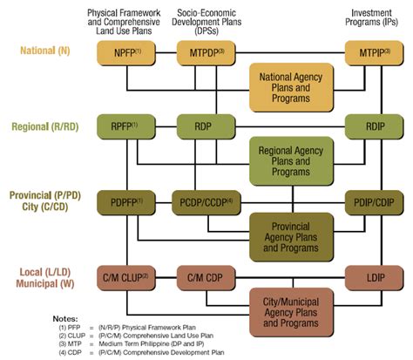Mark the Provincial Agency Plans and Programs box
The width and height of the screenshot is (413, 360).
[291, 236]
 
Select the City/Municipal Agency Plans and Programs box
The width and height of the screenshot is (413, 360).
[291, 311]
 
